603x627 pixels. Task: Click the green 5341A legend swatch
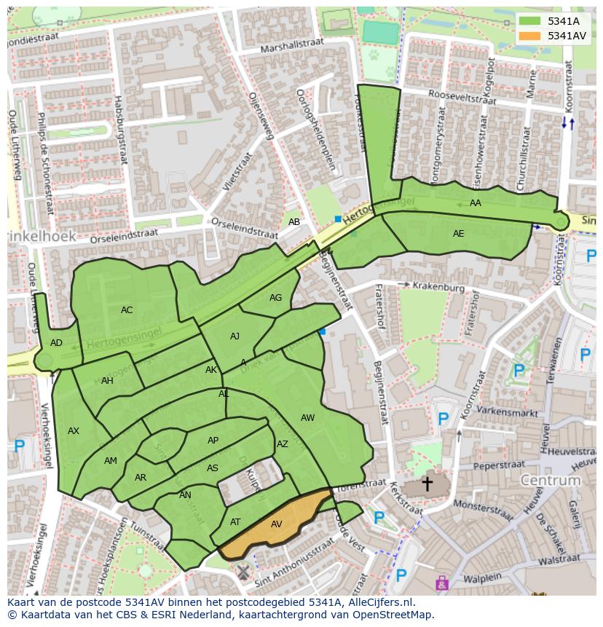(x=530, y=21)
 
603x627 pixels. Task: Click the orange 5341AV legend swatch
(x=530, y=36)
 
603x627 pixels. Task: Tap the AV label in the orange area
(x=276, y=524)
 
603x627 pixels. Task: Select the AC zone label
(x=127, y=310)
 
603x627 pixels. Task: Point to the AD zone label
(x=56, y=343)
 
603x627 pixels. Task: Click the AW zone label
(x=307, y=418)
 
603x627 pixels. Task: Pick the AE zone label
(x=458, y=234)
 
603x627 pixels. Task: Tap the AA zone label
(x=476, y=203)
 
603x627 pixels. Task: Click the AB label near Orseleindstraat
(x=293, y=222)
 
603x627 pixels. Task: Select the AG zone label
(x=275, y=298)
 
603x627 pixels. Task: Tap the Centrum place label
(x=550, y=481)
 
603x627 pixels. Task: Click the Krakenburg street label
(x=438, y=288)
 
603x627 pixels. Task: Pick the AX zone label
(x=74, y=431)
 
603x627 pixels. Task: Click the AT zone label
(x=235, y=522)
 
